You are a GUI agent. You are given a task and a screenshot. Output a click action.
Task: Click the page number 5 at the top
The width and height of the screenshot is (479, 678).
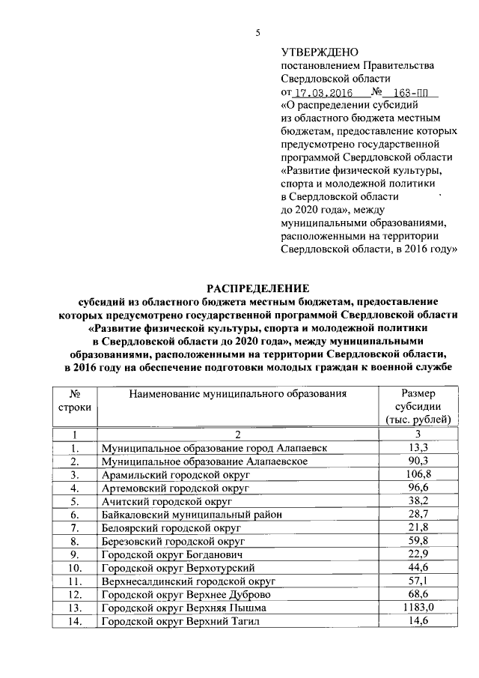pos(259,32)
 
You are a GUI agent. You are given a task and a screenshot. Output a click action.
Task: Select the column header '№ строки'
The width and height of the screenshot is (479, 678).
pos(75,400)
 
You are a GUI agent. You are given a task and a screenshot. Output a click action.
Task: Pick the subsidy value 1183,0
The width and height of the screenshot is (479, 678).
pos(418,608)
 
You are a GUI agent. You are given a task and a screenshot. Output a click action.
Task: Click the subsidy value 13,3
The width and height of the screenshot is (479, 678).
pos(418,447)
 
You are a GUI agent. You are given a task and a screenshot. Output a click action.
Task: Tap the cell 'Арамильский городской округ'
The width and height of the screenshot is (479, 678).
pos(171,474)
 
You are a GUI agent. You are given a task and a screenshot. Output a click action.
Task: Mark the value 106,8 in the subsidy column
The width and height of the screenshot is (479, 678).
pos(418,474)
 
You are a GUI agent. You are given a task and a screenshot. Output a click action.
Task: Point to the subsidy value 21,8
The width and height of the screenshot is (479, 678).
pos(418,527)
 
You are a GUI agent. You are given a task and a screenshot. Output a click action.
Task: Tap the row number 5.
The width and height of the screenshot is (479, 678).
pos(75,501)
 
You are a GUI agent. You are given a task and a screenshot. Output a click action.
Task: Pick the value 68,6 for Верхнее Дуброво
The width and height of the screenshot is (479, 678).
pos(418,594)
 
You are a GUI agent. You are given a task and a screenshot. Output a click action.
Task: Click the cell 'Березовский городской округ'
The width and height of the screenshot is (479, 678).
pos(173,541)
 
